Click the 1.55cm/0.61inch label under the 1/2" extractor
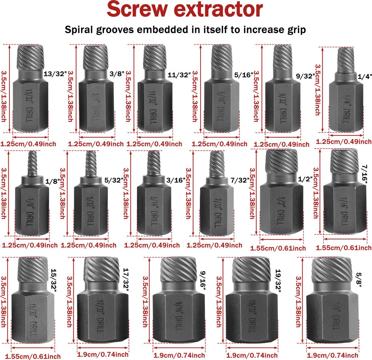278,248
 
